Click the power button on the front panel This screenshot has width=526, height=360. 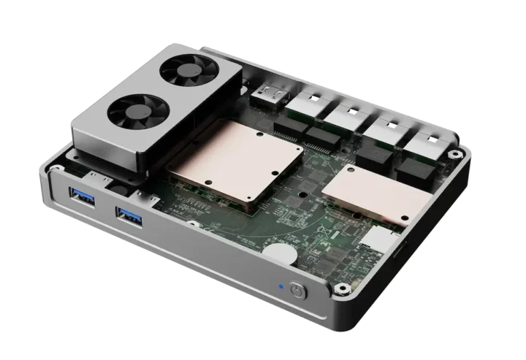click(297, 290)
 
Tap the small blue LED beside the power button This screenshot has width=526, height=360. click(279, 286)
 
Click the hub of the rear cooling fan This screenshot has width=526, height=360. click(183, 70)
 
